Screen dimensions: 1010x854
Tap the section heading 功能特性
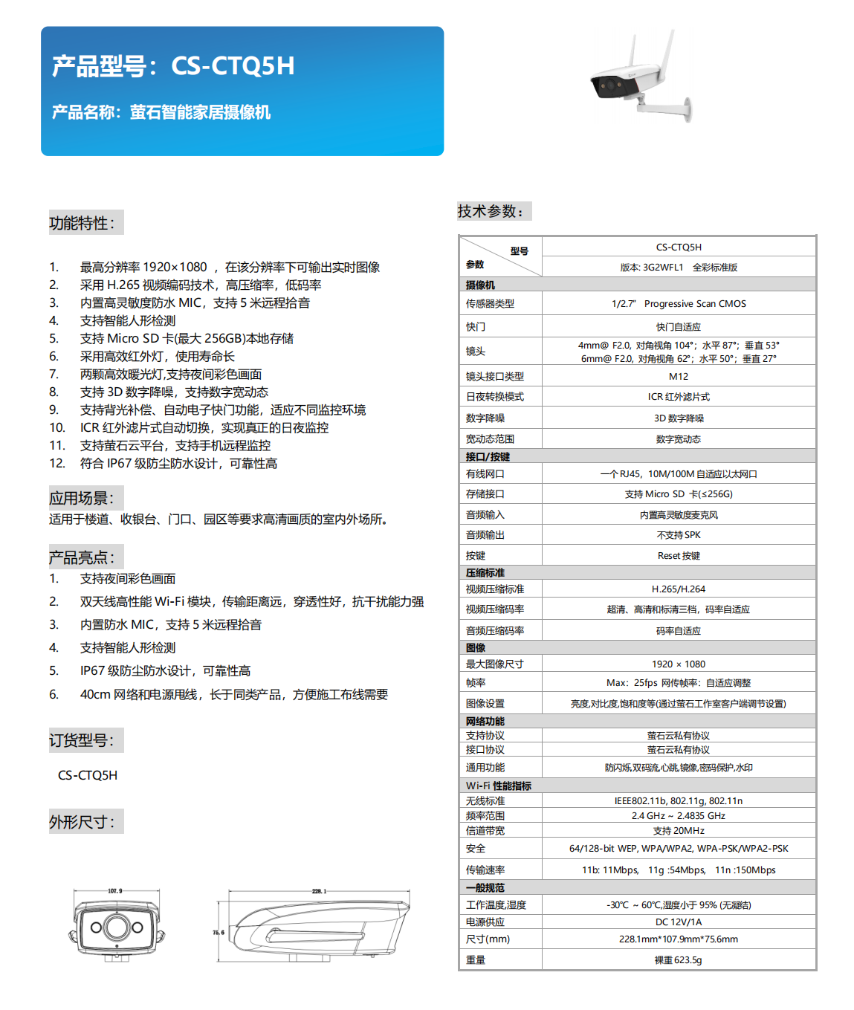tap(83, 223)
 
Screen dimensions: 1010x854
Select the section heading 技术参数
tap(491, 211)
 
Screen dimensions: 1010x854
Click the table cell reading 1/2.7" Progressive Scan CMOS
tap(678, 303)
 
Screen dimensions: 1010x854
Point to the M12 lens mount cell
tap(678, 376)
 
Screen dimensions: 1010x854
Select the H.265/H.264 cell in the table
tap(678, 589)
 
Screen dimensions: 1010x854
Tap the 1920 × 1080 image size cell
tap(678, 664)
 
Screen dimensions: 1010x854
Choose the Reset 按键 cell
tap(678, 555)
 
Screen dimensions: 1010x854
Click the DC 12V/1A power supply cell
tap(678, 922)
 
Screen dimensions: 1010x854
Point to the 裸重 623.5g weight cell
tap(678, 959)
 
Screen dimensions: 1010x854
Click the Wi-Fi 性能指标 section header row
tap(499, 786)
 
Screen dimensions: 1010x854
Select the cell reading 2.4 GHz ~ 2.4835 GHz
tap(678, 815)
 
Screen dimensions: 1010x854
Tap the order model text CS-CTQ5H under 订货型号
tap(88, 775)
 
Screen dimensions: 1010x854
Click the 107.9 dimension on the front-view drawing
tap(115, 890)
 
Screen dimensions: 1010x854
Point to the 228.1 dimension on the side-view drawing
tap(319, 890)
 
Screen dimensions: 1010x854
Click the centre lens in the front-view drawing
tap(117, 927)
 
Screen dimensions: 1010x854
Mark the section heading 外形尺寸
tap(83, 822)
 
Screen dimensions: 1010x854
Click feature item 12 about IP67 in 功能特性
tap(178, 464)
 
